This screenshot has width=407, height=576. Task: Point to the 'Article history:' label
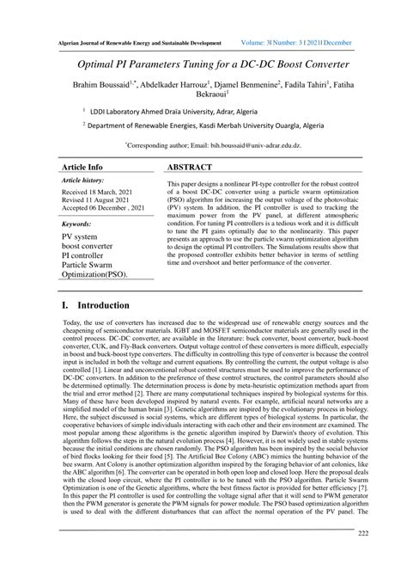[83, 181]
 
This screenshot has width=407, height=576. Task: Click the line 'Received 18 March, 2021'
[100, 193]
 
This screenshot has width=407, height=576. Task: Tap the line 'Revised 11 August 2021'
[99, 202]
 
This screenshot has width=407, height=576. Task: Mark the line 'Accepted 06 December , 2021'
[106, 211]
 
